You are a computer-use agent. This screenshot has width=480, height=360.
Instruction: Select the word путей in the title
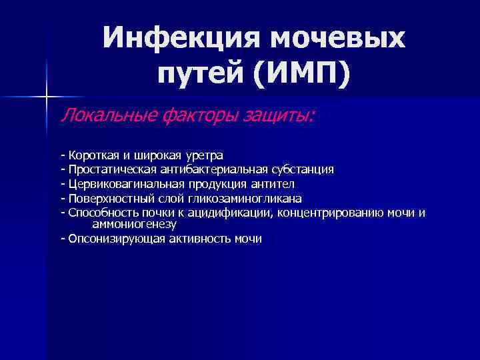[x=201, y=75]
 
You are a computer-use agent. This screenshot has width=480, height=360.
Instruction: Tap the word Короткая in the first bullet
[x=91, y=156]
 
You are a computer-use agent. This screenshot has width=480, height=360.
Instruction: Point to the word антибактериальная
[x=209, y=170]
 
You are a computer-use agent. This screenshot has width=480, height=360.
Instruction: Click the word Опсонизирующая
[x=111, y=239]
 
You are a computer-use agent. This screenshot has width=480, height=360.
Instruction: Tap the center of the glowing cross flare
[x=47, y=97]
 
